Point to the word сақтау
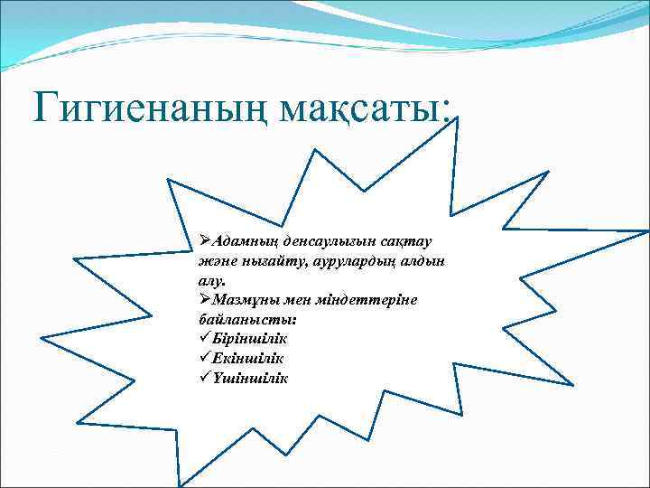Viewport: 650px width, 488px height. tap(405, 241)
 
